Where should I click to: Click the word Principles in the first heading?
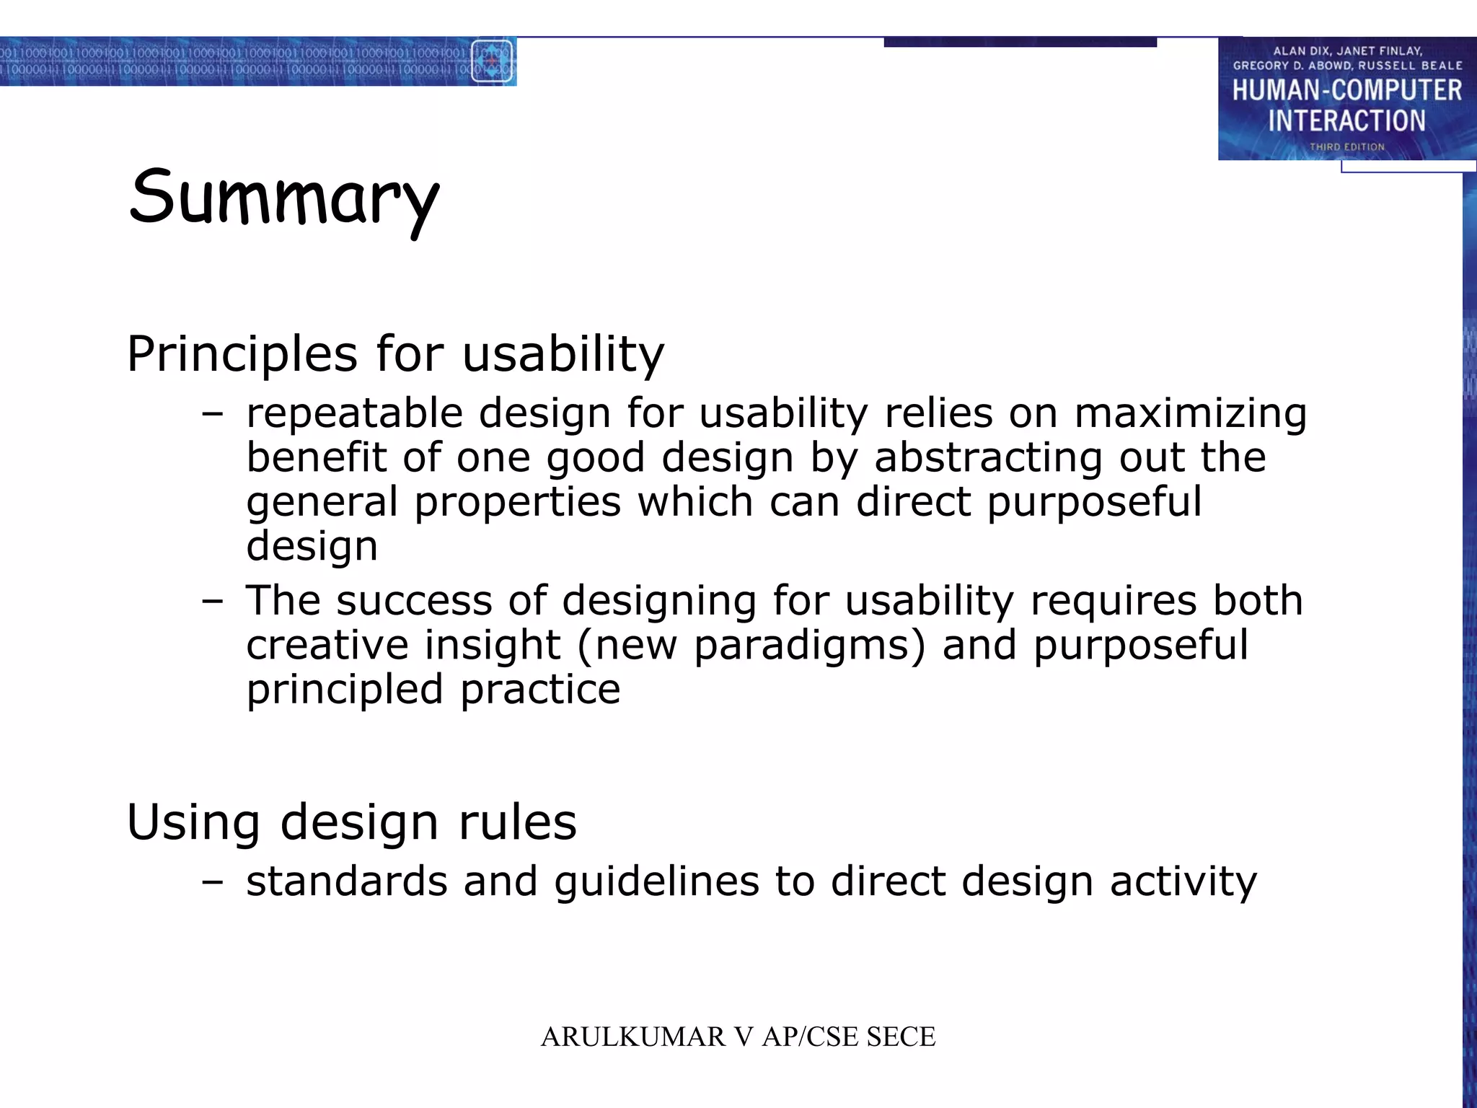coord(242,354)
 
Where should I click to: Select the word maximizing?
coord(1190,414)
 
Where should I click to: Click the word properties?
coord(517,502)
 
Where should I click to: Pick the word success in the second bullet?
coord(414,600)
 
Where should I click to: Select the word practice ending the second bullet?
coord(540,690)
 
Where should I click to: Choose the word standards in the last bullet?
coord(347,881)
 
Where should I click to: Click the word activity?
coord(1183,881)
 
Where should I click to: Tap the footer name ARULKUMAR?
coord(632,1037)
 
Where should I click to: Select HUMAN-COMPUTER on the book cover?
coord(1346,91)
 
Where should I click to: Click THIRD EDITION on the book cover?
coord(1346,147)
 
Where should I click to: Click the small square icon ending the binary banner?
coord(492,62)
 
